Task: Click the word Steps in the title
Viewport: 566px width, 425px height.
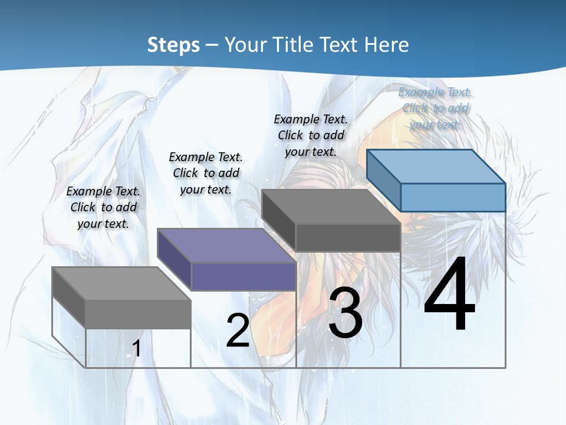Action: click(173, 45)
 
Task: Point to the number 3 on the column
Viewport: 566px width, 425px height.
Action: click(345, 313)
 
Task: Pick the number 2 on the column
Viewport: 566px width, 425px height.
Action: click(238, 331)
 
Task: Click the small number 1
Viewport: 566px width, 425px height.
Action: click(136, 348)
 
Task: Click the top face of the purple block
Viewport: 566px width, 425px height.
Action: click(227, 245)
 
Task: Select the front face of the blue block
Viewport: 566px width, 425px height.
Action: click(453, 197)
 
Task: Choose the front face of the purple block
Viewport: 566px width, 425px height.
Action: click(243, 276)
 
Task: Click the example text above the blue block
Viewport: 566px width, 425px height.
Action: click(435, 108)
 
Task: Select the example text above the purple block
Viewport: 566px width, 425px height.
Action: click(206, 173)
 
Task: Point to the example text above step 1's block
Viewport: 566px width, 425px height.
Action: click(103, 207)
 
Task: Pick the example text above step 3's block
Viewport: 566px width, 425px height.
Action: click(311, 135)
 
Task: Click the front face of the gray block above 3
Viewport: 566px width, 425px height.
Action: click(348, 237)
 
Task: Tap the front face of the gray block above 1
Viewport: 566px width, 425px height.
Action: click(138, 314)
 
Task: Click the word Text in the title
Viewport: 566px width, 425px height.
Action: click(338, 45)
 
